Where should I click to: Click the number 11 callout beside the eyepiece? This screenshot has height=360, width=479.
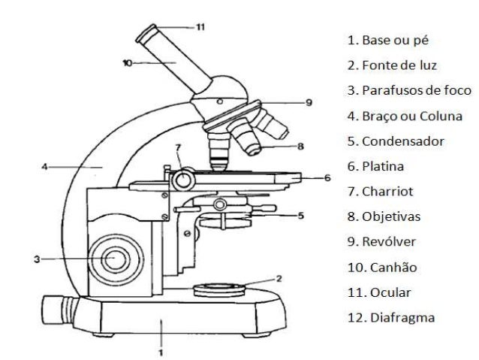click(x=200, y=26)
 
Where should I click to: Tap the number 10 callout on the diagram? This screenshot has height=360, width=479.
click(x=127, y=63)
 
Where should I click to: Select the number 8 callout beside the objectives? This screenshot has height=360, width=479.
click(x=300, y=147)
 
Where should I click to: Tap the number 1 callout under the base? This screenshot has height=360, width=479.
click(x=160, y=350)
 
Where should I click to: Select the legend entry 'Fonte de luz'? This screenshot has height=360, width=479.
click(x=392, y=65)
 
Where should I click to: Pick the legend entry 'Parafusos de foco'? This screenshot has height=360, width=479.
click(x=409, y=90)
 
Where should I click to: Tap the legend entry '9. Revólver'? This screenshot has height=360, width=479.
click(x=384, y=241)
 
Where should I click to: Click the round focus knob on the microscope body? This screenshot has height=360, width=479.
click(x=114, y=257)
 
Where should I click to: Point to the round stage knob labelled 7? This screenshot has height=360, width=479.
click(x=181, y=179)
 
